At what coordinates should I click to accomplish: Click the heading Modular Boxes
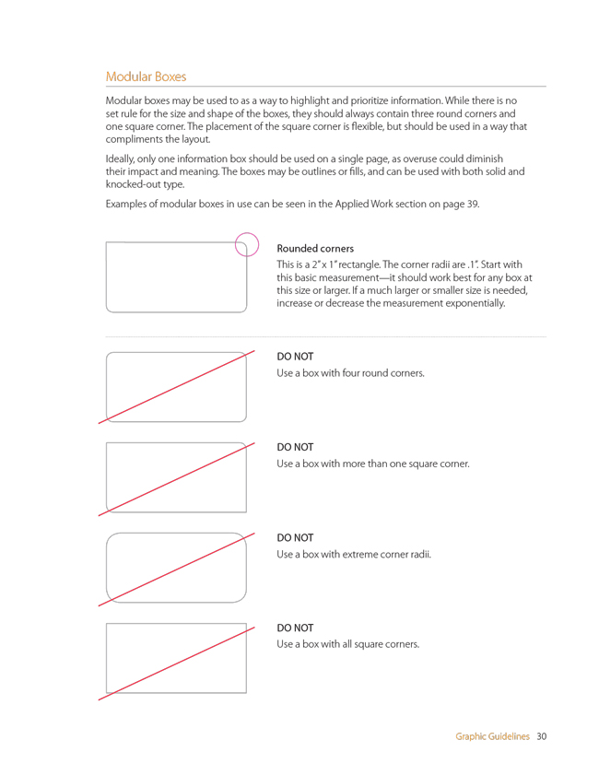pyautogui.click(x=146, y=76)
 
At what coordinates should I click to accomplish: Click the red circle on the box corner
pyautogui.click(x=247, y=244)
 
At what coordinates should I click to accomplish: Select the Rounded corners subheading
pyautogui.click(x=315, y=249)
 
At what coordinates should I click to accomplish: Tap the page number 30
pyautogui.click(x=542, y=736)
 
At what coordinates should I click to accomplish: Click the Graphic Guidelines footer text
pyautogui.click(x=492, y=736)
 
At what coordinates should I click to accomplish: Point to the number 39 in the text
pyautogui.click(x=472, y=204)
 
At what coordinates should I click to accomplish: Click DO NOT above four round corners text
pyautogui.click(x=295, y=357)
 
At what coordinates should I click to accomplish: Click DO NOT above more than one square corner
pyautogui.click(x=295, y=448)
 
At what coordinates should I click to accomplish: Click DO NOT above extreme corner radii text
pyautogui.click(x=295, y=537)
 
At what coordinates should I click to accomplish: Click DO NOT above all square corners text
pyautogui.click(x=295, y=628)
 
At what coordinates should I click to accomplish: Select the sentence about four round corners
pyautogui.click(x=350, y=373)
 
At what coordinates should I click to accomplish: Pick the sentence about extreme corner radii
pyautogui.click(x=354, y=554)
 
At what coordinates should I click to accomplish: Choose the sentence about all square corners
pyautogui.click(x=347, y=644)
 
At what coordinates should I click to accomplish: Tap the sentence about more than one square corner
pyautogui.click(x=373, y=464)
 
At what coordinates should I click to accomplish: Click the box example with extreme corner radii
pyautogui.click(x=176, y=567)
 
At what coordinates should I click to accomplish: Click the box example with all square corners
pyautogui.click(x=176, y=658)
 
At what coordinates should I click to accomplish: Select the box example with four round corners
pyautogui.click(x=176, y=386)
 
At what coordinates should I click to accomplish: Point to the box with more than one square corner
pyautogui.click(x=176, y=476)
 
